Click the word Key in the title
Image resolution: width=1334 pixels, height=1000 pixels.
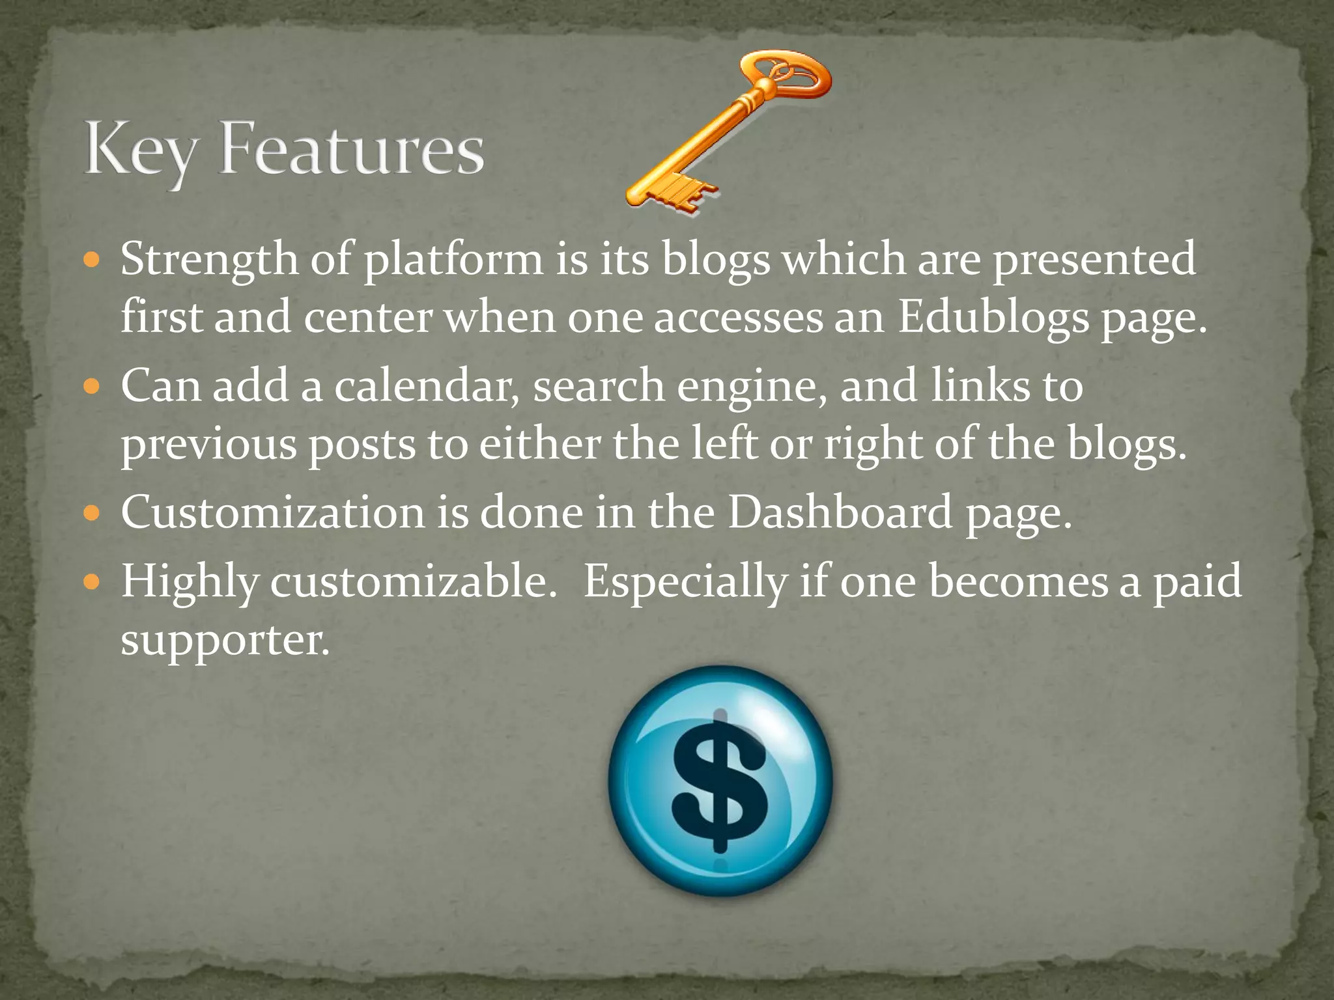pyautogui.click(x=139, y=151)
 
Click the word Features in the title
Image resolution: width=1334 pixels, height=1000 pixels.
pyautogui.click(x=352, y=149)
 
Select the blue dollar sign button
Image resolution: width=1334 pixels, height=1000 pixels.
pyautogui.click(x=720, y=781)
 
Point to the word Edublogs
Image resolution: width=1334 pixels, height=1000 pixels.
pyautogui.click(x=993, y=318)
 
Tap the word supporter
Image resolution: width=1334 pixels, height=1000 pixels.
pyautogui.click(x=225, y=641)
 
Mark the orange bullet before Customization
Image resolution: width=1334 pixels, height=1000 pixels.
pyautogui.click(x=92, y=514)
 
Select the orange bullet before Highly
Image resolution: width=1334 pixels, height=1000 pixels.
pyautogui.click(x=92, y=581)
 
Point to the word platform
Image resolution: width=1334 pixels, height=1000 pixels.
pyautogui.click(x=453, y=260)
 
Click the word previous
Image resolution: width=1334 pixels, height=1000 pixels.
pyautogui.click(x=208, y=445)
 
